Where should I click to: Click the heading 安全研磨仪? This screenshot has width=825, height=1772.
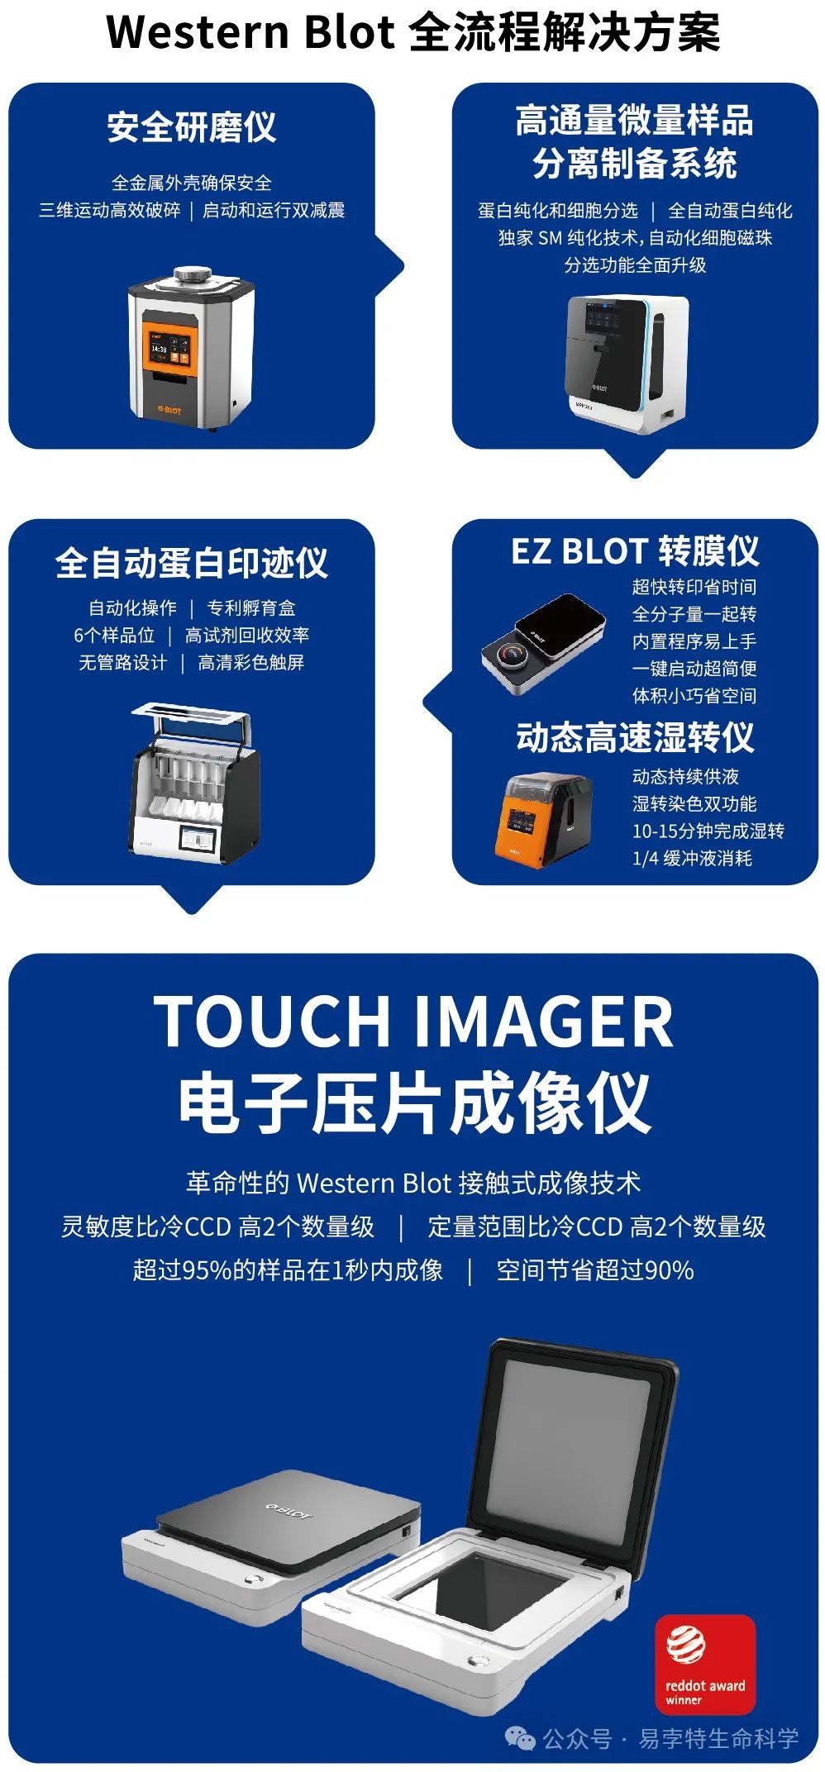[192, 127]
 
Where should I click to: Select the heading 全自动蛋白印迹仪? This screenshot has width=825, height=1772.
[192, 563]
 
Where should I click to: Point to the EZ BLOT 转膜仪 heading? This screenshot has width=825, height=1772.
[635, 551]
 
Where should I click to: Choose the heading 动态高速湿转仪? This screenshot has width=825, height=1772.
[635, 737]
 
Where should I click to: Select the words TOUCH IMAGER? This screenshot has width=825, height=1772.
[413, 1021]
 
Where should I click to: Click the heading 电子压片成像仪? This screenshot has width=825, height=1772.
[413, 1103]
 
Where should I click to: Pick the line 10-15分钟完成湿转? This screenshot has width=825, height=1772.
[708, 831]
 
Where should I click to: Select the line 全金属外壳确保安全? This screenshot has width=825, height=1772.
[192, 183]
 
